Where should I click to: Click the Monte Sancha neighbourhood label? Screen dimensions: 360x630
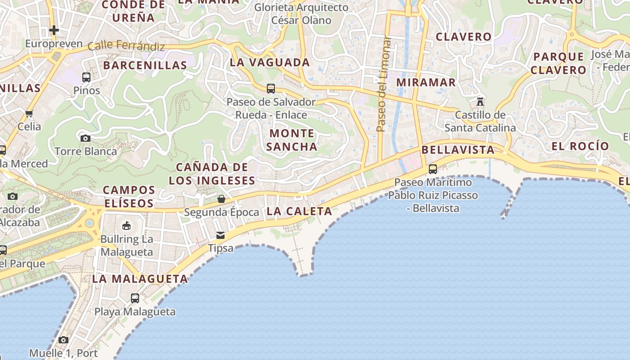[x=292, y=140]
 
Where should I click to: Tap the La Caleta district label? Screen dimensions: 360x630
[x=299, y=211]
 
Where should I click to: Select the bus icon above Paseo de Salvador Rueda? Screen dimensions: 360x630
[x=270, y=89]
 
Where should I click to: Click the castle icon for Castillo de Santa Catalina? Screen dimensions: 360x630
[x=480, y=102]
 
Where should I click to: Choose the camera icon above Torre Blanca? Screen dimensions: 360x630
[x=85, y=138]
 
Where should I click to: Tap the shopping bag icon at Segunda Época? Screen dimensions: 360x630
[x=221, y=199]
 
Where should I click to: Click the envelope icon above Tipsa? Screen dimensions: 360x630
[x=220, y=235]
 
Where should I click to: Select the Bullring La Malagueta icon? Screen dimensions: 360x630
[x=126, y=225]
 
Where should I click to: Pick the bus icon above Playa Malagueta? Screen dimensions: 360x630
[x=135, y=298]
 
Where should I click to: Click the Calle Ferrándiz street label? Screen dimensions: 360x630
[x=126, y=45]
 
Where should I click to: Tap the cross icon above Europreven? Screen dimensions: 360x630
[x=54, y=30]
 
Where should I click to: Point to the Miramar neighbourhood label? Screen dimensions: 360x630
[x=426, y=82]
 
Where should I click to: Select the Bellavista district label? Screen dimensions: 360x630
[x=458, y=150]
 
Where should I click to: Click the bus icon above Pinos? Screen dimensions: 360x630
[x=86, y=77]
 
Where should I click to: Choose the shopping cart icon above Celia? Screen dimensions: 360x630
[x=29, y=113]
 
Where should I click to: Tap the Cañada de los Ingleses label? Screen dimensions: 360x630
[x=211, y=174]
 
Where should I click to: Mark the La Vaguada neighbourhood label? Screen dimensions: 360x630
[x=270, y=63]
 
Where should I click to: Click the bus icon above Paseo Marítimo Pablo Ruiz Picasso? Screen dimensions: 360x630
[x=432, y=169]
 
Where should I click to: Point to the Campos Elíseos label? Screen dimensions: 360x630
[x=129, y=197]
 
